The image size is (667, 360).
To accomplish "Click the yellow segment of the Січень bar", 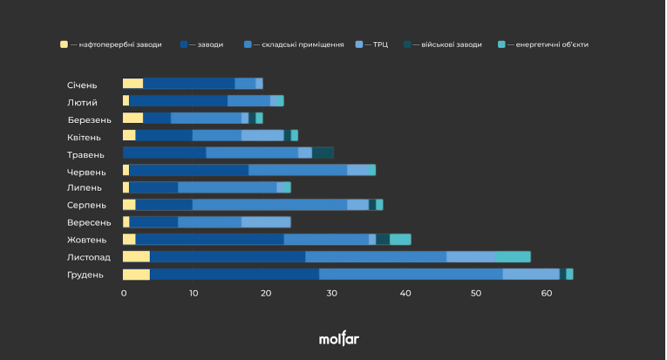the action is pyautogui.click(x=133, y=84).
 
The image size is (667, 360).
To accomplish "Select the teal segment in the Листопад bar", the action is pyautogui.click(x=513, y=257).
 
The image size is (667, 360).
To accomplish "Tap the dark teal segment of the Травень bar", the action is pyautogui.click(x=323, y=153).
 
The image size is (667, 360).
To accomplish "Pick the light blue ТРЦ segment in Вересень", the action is pyautogui.click(x=266, y=222).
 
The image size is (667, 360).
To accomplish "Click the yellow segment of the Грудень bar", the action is pyautogui.click(x=137, y=275).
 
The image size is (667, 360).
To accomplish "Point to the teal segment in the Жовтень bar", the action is pyautogui.click(x=401, y=240).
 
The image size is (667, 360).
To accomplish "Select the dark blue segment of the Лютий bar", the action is pyautogui.click(x=178, y=101).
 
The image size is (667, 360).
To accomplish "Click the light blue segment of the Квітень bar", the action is pyautogui.click(x=263, y=135).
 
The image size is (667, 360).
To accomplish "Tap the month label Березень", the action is pyautogui.click(x=89, y=120).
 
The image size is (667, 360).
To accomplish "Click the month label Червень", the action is pyautogui.click(x=86, y=172).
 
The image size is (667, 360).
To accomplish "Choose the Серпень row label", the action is pyautogui.click(x=86, y=206).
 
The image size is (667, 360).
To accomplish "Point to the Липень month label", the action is pyautogui.click(x=85, y=188).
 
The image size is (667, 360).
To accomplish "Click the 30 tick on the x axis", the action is pyautogui.click(x=332, y=293).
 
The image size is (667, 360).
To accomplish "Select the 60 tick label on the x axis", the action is pyautogui.click(x=546, y=293).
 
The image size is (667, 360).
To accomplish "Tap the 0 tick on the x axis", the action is pyautogui.click(x=124, y=293).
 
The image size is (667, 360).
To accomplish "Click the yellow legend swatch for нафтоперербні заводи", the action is pyautogui.click(x=64, y=44).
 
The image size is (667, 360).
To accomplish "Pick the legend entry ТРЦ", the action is pyautogui.click(x=371, y=44).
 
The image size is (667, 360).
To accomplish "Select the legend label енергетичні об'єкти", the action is pyautogui.click(x=552, y=44).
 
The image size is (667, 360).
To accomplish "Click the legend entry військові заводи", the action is pyautogui.click(x=443, y=44).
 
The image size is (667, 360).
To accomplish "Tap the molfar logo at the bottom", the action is pyautogui.click(x=339, y=338).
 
